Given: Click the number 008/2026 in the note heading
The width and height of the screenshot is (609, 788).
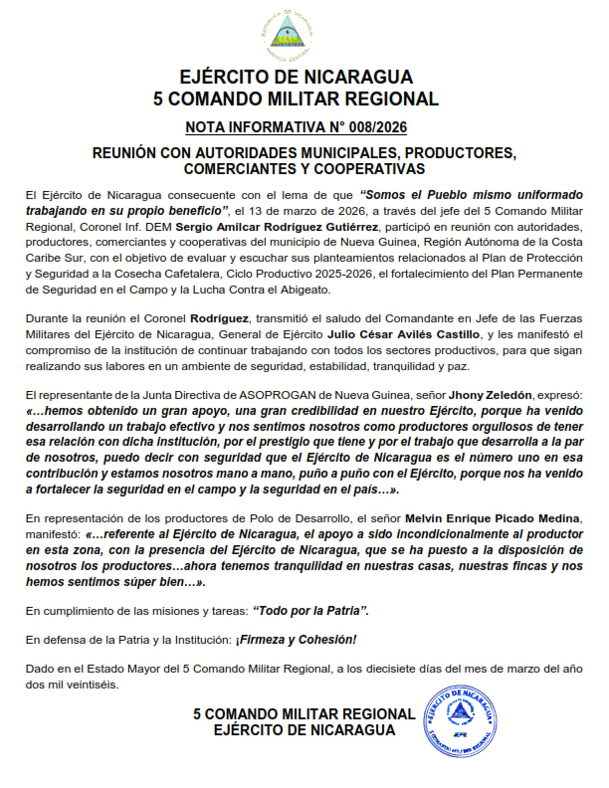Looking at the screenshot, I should [x=372, y=127].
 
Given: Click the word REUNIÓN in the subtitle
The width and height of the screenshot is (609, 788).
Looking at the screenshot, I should [x=127, y=154].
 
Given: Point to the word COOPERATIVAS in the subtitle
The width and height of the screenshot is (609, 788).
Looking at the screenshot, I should [x=380, y=170].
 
